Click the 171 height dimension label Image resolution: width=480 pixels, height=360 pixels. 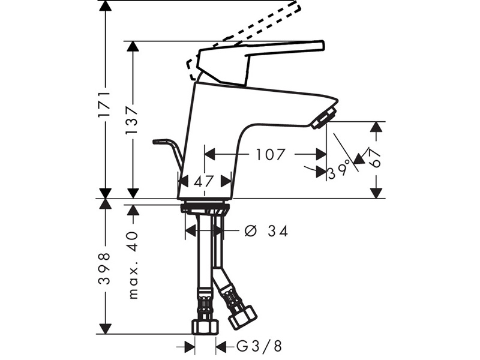[104, 104]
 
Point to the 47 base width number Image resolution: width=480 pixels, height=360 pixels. [204, 180]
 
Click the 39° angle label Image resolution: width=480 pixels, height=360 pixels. [338, 173]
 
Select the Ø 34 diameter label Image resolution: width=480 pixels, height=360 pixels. [266, 230]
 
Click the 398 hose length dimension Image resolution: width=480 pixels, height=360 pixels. [105, 268]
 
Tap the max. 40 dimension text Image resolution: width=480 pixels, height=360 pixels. [133, 264]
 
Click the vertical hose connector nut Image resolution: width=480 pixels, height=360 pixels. [204, 327]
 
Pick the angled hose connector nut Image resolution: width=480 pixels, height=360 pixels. [243, 316]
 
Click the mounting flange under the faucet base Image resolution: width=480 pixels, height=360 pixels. [205, 208]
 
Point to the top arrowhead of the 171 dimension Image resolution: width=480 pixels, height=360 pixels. [105, 6]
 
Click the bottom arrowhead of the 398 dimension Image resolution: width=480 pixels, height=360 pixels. [105, 328]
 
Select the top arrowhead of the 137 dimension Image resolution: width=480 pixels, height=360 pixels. [133, 47]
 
